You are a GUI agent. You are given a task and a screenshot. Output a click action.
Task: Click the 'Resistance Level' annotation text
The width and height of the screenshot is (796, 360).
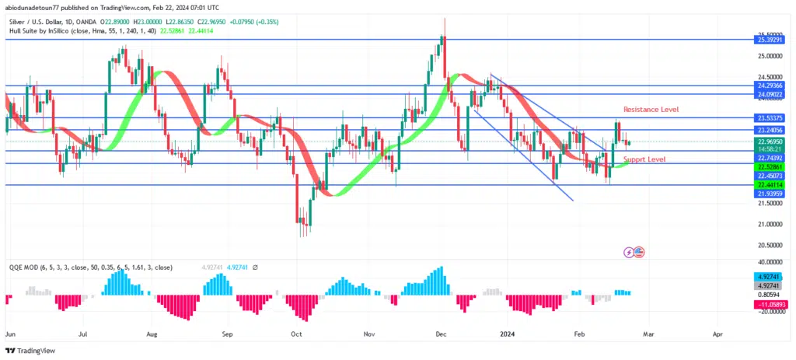(x=651, y=110)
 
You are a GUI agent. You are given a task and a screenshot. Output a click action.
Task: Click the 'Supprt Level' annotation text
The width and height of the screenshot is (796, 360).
(x=644, y=159)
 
